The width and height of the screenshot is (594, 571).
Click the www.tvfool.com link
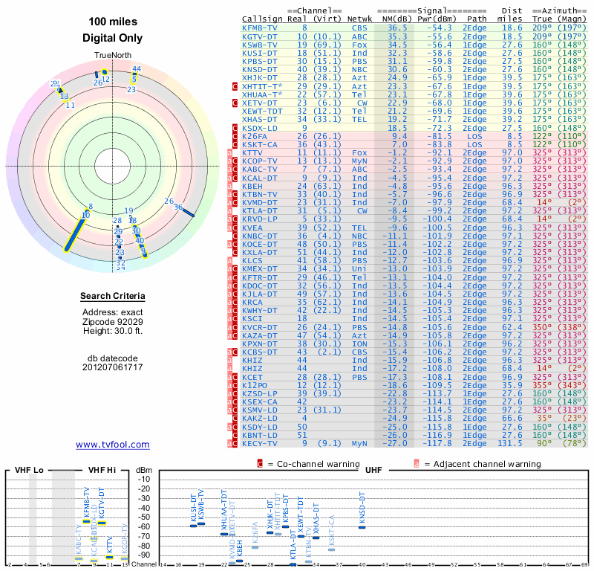[x=113, y=445]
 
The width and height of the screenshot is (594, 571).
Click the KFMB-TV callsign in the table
[x=260, y=28]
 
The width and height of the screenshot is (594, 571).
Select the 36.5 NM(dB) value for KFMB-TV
[x=396, y=28]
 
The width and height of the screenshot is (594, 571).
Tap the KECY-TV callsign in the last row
[x=260, y=443]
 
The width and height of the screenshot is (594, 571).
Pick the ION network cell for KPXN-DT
[x=359, y=344]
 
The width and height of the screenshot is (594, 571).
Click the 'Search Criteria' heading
[x=113, y=297]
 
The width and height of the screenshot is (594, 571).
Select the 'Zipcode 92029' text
[x=113, y=321]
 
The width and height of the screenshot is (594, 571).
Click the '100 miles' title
[x=113, y=22]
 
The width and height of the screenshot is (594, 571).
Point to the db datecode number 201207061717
[x=113, y=367]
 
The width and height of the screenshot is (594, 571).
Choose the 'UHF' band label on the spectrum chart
[x=373, y=471]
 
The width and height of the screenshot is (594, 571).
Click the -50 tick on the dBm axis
[x=143, y=517]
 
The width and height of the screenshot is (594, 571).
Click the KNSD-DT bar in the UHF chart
[x=362, y=526]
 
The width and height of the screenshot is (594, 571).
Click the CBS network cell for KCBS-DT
[x=359, y=352]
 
